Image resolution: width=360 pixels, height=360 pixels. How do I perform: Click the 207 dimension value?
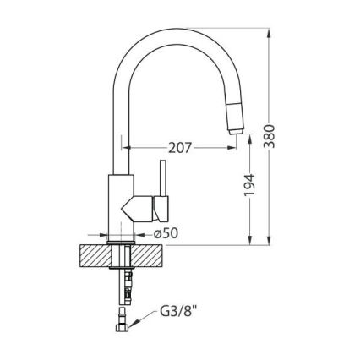(179, 147)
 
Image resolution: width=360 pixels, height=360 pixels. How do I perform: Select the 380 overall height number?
(270, 135)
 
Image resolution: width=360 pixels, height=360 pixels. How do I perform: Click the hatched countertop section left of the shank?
(95, 256)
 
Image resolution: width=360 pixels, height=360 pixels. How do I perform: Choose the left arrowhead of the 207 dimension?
(128, 147)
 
